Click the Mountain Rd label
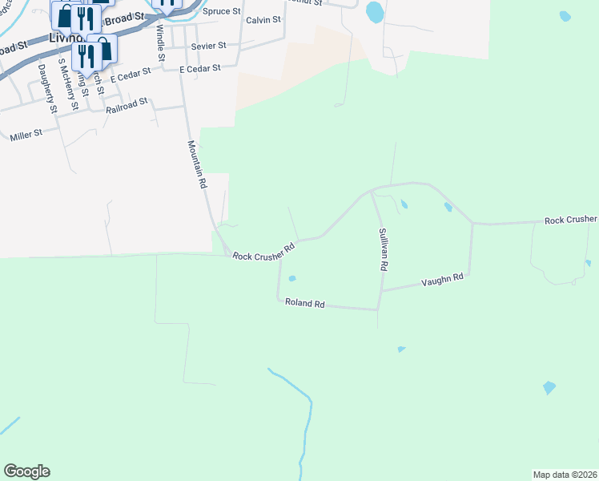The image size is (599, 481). [x=198, y=164]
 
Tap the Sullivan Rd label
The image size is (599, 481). [x=383, y=249]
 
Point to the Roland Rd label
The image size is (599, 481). [x=304, y=304]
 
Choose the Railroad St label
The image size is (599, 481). [x=127, y=105]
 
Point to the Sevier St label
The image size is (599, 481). [x=208, y=46]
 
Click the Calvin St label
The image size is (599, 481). [x=263, y=19]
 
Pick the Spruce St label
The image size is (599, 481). [x=223, y=12]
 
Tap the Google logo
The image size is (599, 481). [x=26, y=471]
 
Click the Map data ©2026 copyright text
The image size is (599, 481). [x=565, y=474]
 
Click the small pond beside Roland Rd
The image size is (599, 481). [x=292, y=279]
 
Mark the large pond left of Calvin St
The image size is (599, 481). [x=374, y=12]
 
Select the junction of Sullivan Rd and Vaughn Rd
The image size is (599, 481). [x=381, y=291]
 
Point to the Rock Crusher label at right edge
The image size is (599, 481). [x=570, y=220]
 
